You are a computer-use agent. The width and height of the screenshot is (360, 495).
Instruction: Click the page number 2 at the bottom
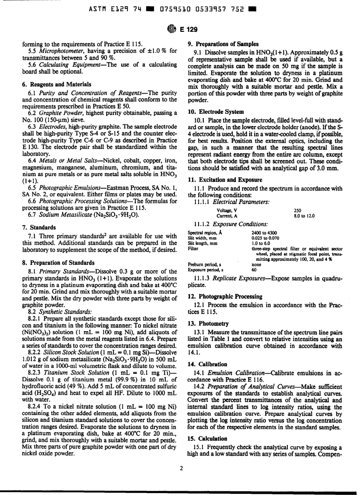(x=181, y=468)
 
